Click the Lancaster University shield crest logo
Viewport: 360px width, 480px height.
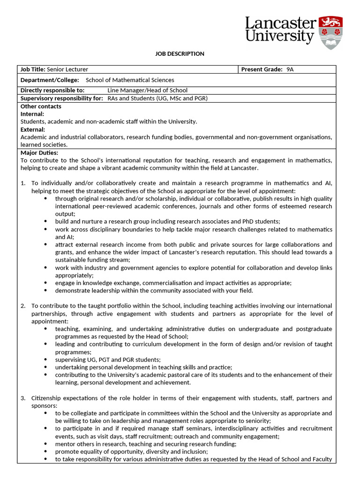330,32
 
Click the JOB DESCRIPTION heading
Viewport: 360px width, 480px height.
180,54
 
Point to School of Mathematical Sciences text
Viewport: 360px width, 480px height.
130,80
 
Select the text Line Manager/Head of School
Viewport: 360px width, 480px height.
147,90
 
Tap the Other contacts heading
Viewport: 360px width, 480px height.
41,106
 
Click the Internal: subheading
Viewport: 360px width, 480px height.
32,114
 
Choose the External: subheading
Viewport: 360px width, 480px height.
33,129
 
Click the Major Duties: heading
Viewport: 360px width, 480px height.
39,153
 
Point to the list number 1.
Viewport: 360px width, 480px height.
23,183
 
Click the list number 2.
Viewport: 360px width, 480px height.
23,306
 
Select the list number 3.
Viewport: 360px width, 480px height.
23,398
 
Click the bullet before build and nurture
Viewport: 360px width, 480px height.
45,222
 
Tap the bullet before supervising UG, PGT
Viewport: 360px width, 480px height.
45,360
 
